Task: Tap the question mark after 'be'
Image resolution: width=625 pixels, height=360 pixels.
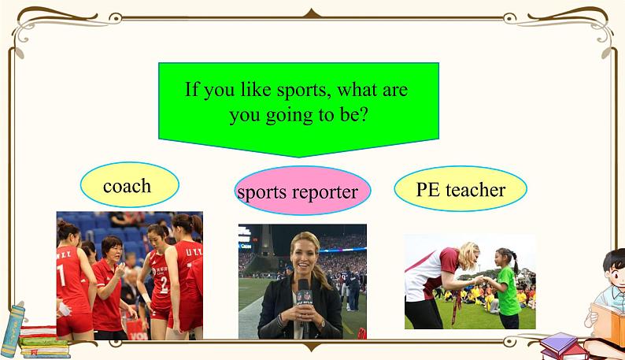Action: [361, 114]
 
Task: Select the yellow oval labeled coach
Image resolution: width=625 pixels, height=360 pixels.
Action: [130, 185]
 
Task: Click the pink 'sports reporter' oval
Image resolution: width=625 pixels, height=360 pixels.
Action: [302, 191]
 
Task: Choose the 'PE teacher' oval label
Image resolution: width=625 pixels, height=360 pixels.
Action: [460, 188]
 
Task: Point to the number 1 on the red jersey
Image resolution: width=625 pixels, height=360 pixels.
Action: [61, 275]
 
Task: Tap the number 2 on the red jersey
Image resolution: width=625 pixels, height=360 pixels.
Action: [165, 285]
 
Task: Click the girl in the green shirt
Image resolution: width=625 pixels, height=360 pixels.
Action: [505, 288]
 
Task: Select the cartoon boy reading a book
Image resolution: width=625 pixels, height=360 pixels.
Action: [607, 295]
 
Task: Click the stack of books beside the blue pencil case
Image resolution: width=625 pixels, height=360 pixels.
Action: [44, 341]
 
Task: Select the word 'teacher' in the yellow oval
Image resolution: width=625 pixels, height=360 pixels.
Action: [475, 189]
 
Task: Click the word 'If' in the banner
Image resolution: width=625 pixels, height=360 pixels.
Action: [191, 88]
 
